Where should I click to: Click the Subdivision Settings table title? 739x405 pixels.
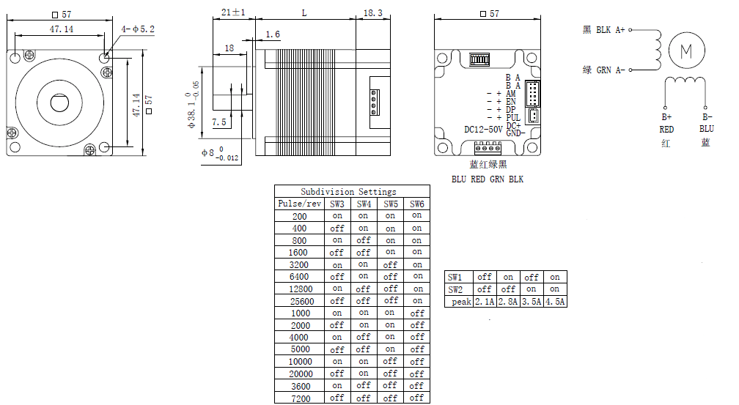pyautogui.click(x=348, y=192)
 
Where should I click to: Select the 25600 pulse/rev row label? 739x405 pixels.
pyautogui.click(x=302, y=301)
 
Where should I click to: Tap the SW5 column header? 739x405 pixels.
pyautogui.click(x=390, y=204)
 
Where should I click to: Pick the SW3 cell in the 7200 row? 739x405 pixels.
pyautogui.click(x=337, y=398)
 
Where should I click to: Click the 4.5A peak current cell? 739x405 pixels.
pyautogui.click(x=555, y=302)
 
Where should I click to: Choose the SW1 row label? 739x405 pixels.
pyautogui.click(x=455, y=277)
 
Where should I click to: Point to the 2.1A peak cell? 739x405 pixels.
pyautogui.click(x=485, y=302)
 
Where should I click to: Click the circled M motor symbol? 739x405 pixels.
pyautogui.click(x=686, y=51)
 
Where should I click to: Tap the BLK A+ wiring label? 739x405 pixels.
pyautogui.click(x=610, y=30)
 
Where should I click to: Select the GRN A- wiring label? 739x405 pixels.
pyautogui.click(x=611, y=70)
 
